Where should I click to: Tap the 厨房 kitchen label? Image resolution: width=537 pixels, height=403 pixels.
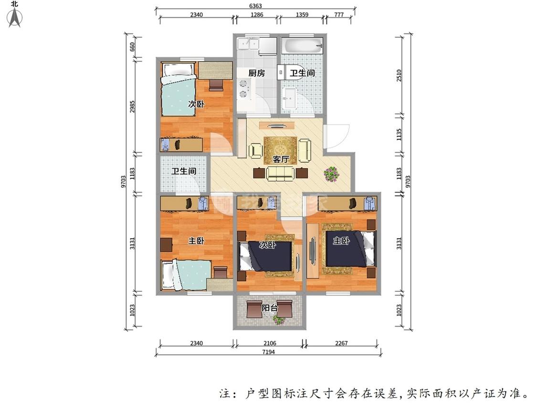(x=256, y=73)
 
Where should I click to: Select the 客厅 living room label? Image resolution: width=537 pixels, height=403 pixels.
(x=281, y=159)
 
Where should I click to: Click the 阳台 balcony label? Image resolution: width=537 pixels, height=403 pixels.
(x=270, y=308)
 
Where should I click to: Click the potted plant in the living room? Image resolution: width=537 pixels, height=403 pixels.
(x=331, y=173)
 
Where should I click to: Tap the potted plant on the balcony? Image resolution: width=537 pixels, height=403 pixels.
(x=279, y=319)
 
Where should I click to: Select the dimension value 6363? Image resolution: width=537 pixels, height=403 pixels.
(x=255, y=6)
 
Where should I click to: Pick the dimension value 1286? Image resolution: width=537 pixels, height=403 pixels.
(x=257, y=15)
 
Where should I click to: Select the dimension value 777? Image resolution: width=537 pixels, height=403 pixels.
(x=339, y=15)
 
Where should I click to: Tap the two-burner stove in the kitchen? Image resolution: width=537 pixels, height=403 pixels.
(x=243, y=88)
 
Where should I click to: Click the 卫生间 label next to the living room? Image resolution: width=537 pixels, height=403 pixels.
(x=184, y=170)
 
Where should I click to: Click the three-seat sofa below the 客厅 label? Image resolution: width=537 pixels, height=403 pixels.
(x=281, y=174)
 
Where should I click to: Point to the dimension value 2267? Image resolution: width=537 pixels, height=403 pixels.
(x=342, y=343)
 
